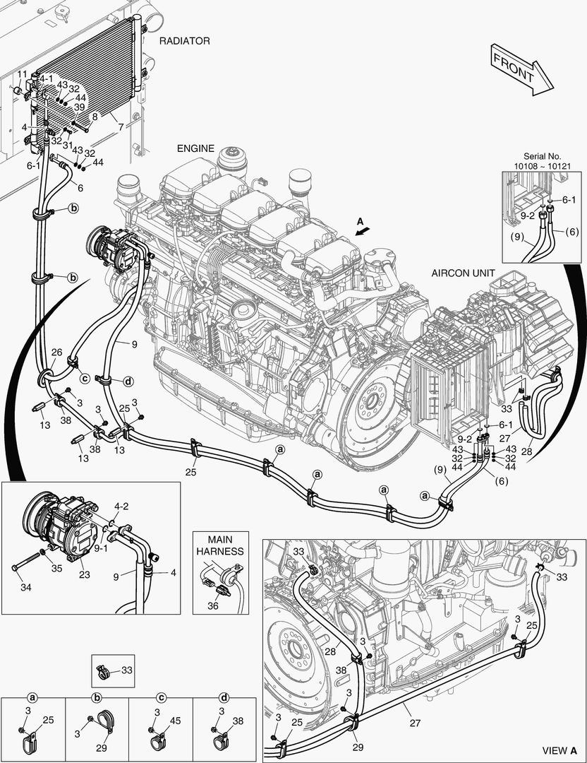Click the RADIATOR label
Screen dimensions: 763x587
184,41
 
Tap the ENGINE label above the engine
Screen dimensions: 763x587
195,148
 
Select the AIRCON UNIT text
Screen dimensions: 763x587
464,273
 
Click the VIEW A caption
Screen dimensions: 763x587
559,750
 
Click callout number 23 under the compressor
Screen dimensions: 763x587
85,574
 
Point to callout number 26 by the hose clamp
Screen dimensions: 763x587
56,353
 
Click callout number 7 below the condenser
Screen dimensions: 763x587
121,127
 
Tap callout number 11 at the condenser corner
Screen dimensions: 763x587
23,74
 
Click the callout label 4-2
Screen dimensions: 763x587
121,506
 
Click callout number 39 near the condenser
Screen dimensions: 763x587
80,107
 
